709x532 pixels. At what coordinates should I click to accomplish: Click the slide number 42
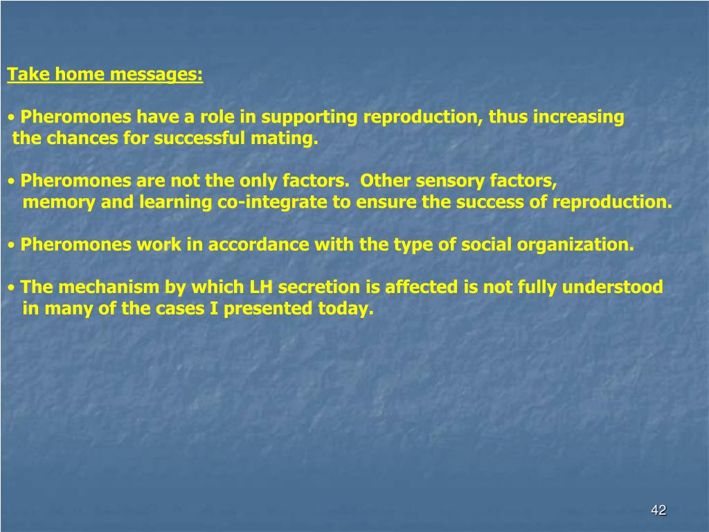(x=658, y=511)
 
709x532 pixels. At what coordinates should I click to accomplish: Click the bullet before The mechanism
(x=12, y=287)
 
